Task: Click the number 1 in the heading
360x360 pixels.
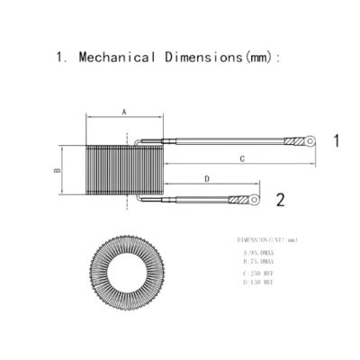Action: pyautogui.click(x=60, y=57)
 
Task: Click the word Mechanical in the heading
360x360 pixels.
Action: pyautogui.click(x=117, y=57)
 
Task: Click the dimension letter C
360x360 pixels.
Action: pyautogui.click(x=242, y=158)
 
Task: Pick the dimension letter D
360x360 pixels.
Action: pyautogui.click(x=208, y=179)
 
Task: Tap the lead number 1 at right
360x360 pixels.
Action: pyautogui.click(x=336, y=140)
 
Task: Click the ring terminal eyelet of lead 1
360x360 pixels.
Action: pyautogui.click(x=311, y=140)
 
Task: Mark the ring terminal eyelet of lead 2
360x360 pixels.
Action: pyautogui.click(x=255, y=198)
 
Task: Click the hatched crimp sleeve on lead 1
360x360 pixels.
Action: pyautogui.click(x=294, y=141)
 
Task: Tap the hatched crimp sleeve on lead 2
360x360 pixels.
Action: pyautogui.click(x=238, y=199)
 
